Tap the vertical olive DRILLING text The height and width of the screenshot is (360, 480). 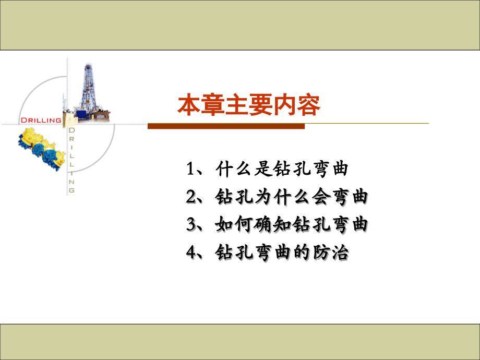click(x=72, y=159)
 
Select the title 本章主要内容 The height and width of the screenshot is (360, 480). click(x=249, y=105)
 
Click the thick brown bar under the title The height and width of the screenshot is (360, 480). click(x=226, y=126)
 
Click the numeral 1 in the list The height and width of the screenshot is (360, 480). click(x=190, y=169)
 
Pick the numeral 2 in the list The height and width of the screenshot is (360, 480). click(x=190, y=197)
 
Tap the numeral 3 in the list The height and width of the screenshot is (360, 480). click(x=190, y=225)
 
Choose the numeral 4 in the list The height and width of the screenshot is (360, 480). click(x=190, y=253)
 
